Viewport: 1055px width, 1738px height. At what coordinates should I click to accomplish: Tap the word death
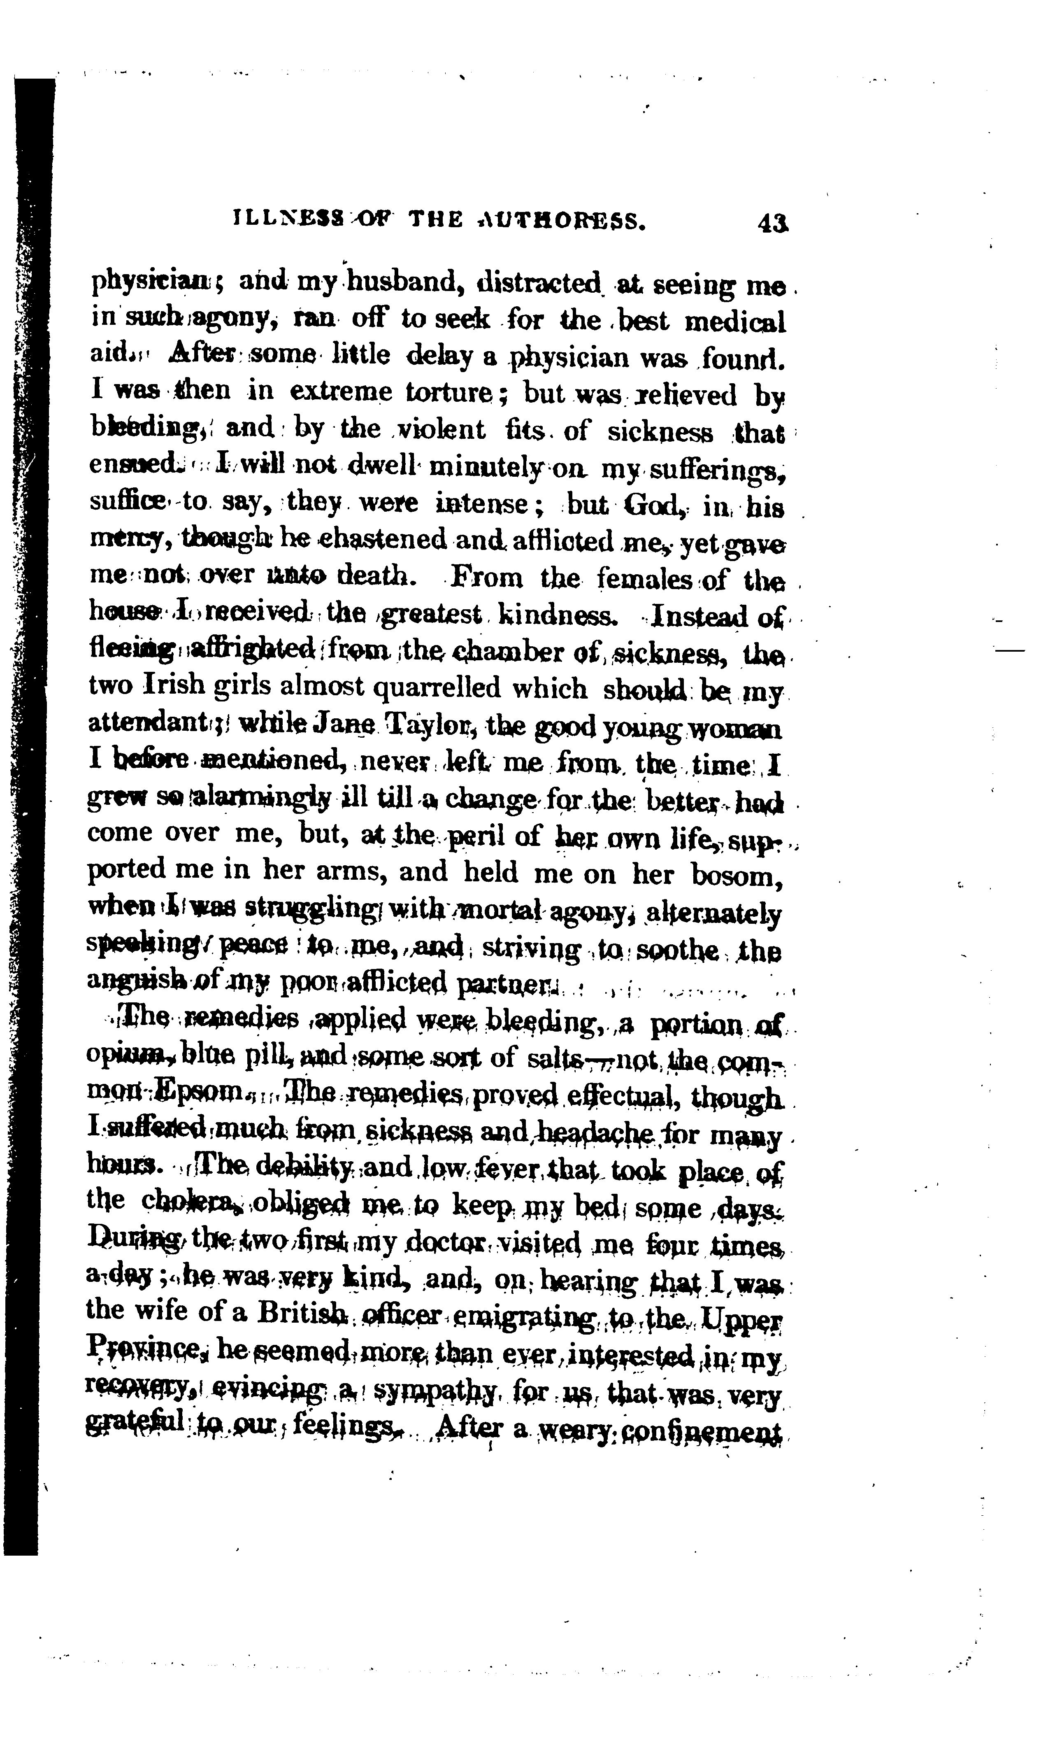[x=378, y=579]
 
